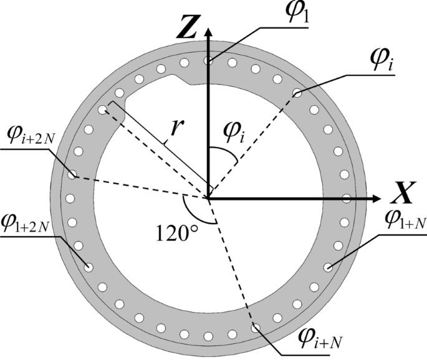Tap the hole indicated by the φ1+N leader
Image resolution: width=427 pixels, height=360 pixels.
point(329,268)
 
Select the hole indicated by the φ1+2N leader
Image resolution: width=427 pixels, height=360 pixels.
point(90,268)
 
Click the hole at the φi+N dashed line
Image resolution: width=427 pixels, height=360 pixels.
point(255,326)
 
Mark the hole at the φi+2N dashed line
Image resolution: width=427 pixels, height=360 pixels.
point(73,176)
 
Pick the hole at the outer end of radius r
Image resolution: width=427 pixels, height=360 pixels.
point(103,110)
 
